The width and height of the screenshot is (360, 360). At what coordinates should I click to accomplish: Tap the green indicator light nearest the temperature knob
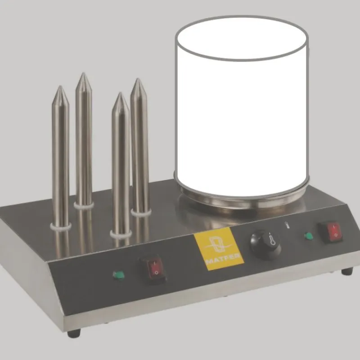pos(308,235)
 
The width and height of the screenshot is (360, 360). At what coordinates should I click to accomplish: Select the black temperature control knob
pos(265,245)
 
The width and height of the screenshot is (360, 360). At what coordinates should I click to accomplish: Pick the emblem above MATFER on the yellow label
pos(218,244)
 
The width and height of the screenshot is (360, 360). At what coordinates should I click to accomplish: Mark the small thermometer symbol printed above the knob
pos(286,225)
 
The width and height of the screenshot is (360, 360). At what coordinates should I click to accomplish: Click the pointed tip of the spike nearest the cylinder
pos(138,79)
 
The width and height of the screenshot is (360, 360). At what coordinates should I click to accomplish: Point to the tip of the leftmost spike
pos(60,86)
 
